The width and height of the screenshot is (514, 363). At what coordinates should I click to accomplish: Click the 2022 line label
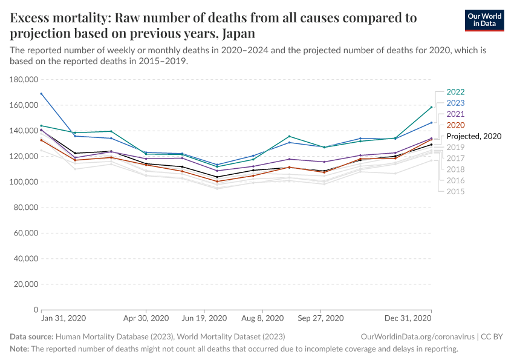[x=455, y=93]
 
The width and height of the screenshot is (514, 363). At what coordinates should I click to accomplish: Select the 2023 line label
[x=455, y=103]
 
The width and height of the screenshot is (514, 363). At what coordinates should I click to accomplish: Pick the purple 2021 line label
[x=455, y=114]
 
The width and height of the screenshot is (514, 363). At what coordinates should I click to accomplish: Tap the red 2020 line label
[x=455, y=125]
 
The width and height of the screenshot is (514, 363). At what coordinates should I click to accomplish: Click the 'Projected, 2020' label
[x=473, y=136]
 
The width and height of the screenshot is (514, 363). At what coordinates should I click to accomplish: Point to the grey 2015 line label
[x=455, y=191]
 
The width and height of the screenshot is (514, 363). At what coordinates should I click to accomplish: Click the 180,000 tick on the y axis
[x=24, y=79]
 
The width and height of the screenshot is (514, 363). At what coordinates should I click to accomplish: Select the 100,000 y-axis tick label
[x=24, y=181]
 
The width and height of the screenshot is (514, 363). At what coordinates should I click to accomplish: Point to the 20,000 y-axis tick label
[x=27, y=284]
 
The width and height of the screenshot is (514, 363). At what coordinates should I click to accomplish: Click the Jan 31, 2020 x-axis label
[x=63, y=318]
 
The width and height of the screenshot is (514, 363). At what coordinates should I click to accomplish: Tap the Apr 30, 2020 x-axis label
[x=146, y=318]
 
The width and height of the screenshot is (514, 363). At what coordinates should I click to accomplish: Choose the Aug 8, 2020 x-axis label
[x=262, y=318]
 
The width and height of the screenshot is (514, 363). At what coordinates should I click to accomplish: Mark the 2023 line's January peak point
[x=41, y=94]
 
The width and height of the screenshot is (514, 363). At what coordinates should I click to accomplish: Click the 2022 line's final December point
[x=431, y=107]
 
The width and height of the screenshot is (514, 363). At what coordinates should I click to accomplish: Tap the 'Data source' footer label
[x=31, y=336]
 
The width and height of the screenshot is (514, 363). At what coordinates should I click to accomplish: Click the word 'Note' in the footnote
[x=19, y=349]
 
